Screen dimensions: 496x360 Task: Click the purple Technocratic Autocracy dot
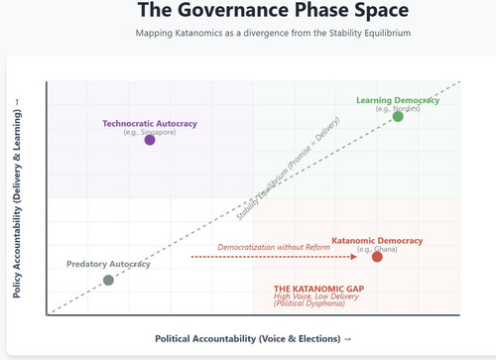point(150,140)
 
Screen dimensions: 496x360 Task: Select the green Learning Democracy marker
point(398,116)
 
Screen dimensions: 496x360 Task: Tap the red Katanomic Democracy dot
point(377,257)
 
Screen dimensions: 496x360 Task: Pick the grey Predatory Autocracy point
point(108,280)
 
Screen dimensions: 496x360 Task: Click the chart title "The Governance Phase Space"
point(273,10)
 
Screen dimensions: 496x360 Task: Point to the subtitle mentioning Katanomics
point(273,33)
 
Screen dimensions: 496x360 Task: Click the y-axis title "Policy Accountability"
point(17,198)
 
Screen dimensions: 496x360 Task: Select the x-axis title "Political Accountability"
point(253,339)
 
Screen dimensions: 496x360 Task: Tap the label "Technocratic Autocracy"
point(150,124)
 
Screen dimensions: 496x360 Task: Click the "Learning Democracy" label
point(398,100)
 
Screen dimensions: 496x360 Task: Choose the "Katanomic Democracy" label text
point(377,241)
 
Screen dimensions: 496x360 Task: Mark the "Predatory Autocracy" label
point(108,264)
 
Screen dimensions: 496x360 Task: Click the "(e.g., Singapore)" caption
point(150,132)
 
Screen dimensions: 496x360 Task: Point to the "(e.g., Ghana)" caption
point(377,249)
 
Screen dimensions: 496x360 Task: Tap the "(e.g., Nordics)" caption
point(398,109)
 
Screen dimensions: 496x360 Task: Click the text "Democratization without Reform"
point(274,247)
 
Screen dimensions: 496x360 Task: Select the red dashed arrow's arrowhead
point(354,257)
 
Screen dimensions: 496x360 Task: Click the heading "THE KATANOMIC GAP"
point(318,289)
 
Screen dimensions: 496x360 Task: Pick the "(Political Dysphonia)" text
point(310,303)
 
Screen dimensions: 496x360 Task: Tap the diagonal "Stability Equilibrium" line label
point(288,169)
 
